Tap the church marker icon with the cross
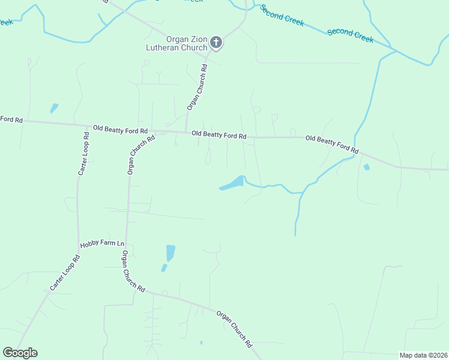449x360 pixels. (217, 42)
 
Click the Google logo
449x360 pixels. (20, 353)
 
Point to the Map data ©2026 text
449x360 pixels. (423, 355)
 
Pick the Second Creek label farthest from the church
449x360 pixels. (351, 35)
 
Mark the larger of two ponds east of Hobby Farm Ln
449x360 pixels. (170, 253)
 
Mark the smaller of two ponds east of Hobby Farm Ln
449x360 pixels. (164, 268)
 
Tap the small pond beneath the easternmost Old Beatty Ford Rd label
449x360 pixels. (366, 167)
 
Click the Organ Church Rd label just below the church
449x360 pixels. (197, 87)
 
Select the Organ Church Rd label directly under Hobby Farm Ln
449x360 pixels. (133, 271)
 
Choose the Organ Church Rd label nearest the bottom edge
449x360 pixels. (235, 329)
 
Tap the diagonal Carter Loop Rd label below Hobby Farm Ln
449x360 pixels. (65, 274)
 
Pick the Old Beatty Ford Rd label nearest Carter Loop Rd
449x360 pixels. (120, 130)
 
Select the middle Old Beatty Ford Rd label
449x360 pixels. (219, 135)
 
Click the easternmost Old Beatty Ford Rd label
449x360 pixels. (332, 143)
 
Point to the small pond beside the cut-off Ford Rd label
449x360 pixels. (54, 108)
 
